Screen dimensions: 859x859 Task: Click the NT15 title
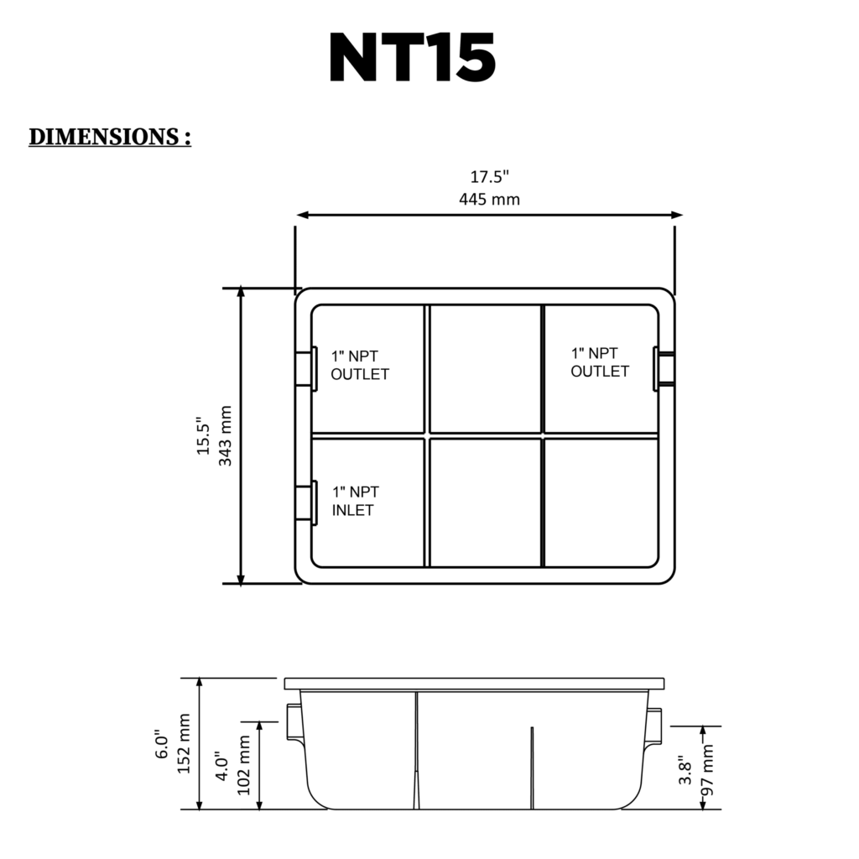pos(412,58)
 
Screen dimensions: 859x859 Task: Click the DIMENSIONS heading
pos(110,137)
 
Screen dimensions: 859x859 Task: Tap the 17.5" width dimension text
pos(490,177)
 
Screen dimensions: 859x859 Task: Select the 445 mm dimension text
pos(490,199)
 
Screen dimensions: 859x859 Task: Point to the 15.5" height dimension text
pos(204,435)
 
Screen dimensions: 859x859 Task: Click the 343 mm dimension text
pos(225,435)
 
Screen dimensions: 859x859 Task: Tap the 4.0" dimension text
pos(222,766)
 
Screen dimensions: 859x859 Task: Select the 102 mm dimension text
pos(244,766)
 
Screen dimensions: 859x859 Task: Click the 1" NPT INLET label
pos(355,501)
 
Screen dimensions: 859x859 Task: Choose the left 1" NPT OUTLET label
pos(360,365)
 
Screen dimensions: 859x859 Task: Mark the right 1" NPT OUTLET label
pos(600,362)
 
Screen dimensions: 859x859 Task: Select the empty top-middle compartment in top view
pos(486,368)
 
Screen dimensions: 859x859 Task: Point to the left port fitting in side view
pos(294,722)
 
